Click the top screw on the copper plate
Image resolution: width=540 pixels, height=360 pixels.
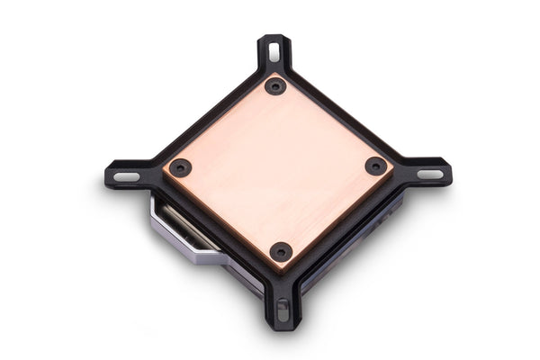[275, 86]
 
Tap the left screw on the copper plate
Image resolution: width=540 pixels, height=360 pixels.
[180, 167]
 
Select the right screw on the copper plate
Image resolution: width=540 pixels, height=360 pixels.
[375, 166]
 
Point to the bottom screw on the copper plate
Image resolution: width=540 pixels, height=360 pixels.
[281, 251]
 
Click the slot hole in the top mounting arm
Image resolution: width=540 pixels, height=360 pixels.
[274, 52]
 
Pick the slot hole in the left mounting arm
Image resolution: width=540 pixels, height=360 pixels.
[127, 175]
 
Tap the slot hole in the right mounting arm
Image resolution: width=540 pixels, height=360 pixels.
[429, 173]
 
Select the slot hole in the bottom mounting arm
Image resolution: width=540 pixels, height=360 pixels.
[283, 310]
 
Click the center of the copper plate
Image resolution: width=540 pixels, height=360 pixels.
[277, 169]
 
